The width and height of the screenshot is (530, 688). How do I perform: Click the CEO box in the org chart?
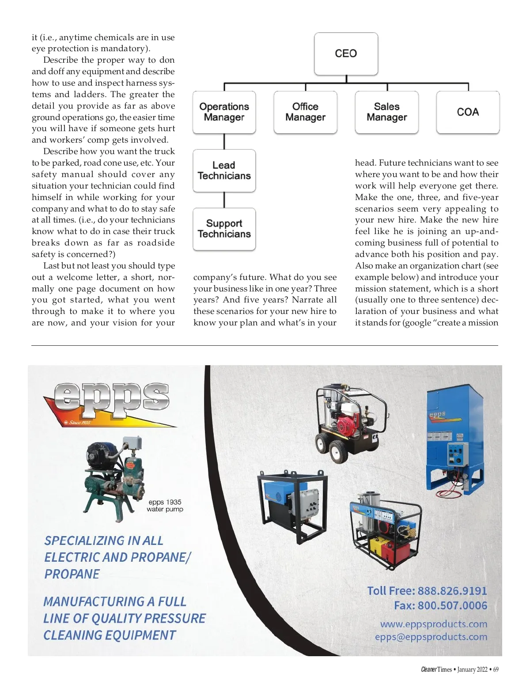[346, 53]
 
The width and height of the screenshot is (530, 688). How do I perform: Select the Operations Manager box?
[224, 112]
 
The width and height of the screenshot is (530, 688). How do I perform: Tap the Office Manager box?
[305, 112]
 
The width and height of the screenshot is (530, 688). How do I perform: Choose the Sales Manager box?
[386, 112]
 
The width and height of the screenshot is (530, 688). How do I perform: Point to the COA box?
[468, 112]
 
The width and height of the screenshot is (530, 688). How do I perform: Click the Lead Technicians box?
[224, 170]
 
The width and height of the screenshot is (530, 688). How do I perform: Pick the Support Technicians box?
[224, 229]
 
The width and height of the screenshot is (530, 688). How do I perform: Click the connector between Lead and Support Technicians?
[224, 200]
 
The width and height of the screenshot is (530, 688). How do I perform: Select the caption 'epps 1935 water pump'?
[165, 506]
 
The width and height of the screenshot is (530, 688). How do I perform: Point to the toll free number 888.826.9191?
[452, 591]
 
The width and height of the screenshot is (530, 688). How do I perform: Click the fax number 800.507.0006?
[452, 605]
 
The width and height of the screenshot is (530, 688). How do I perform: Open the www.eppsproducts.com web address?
[433, 624]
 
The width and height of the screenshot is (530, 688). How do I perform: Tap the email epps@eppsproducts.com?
[431, 637]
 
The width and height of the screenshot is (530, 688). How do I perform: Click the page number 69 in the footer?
[496, 669]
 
